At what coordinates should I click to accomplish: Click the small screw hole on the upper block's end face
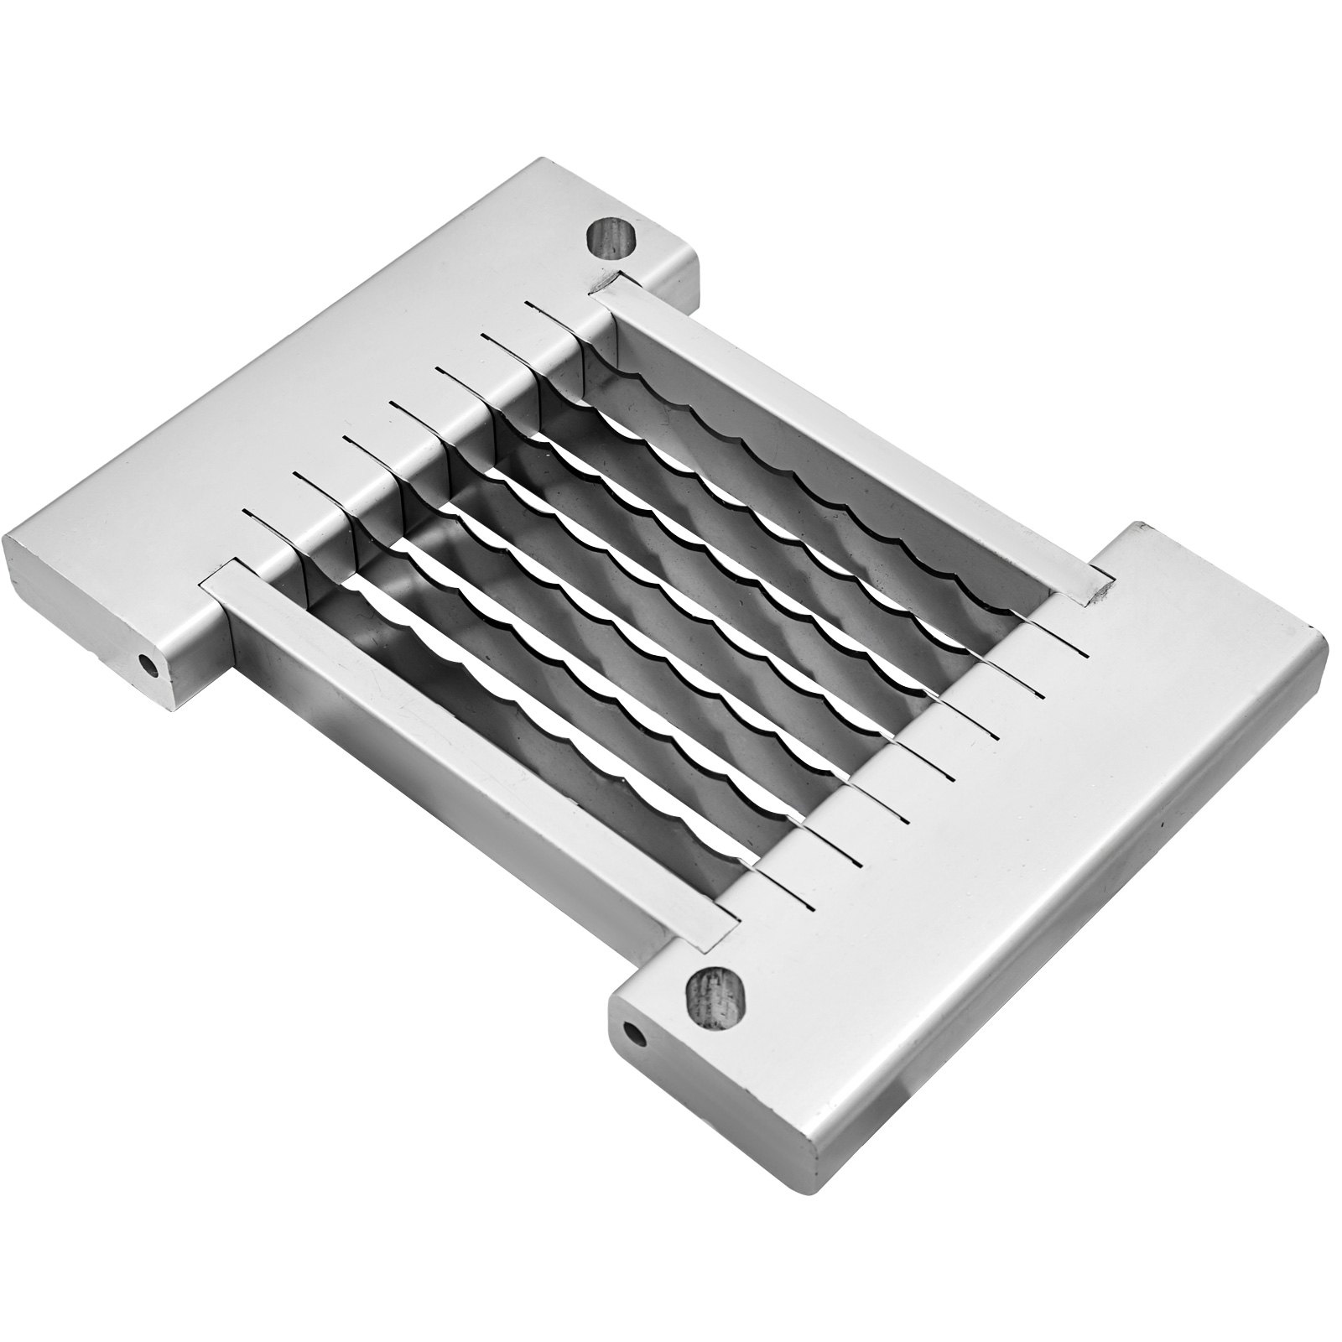tap(150, 666)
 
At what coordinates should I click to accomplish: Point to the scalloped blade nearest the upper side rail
tap(805, 470)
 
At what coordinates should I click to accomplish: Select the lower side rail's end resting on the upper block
tap(220, 584)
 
